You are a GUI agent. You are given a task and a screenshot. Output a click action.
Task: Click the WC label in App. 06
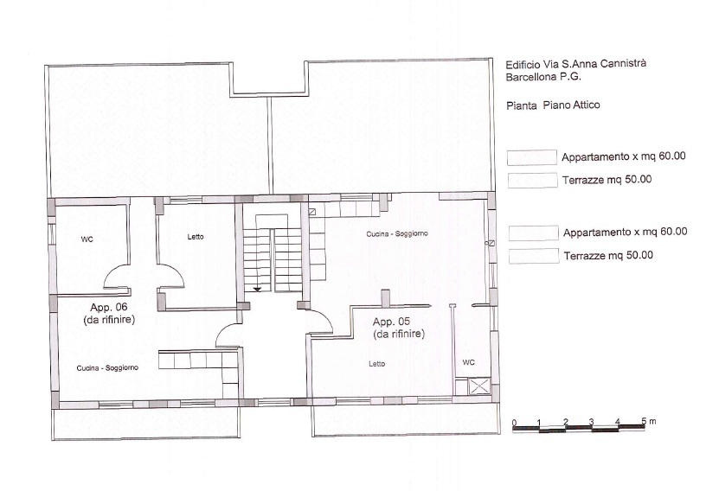click(87, 238)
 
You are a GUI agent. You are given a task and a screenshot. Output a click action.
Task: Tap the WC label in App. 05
click(468, 362)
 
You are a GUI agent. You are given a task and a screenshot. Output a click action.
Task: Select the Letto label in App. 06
click(196, 237)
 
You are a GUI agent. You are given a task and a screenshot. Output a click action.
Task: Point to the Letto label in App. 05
click(376, 364)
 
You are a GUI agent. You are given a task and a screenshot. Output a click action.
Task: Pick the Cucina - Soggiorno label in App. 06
click(107, 367)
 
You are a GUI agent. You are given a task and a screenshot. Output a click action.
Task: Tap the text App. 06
click(109, 307)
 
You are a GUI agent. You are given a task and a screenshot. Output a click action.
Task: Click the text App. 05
click(392, 322)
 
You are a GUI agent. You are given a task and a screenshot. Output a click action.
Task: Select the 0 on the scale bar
click(514, 422)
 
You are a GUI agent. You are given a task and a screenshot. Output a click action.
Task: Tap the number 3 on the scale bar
click(591, 421)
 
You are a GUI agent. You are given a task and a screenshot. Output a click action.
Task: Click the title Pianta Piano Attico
click(553, 105)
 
